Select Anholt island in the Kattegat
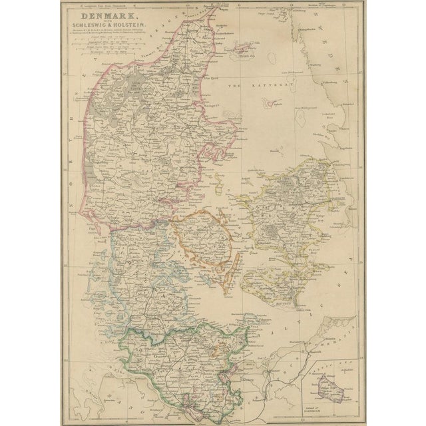(x=274, y=104)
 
